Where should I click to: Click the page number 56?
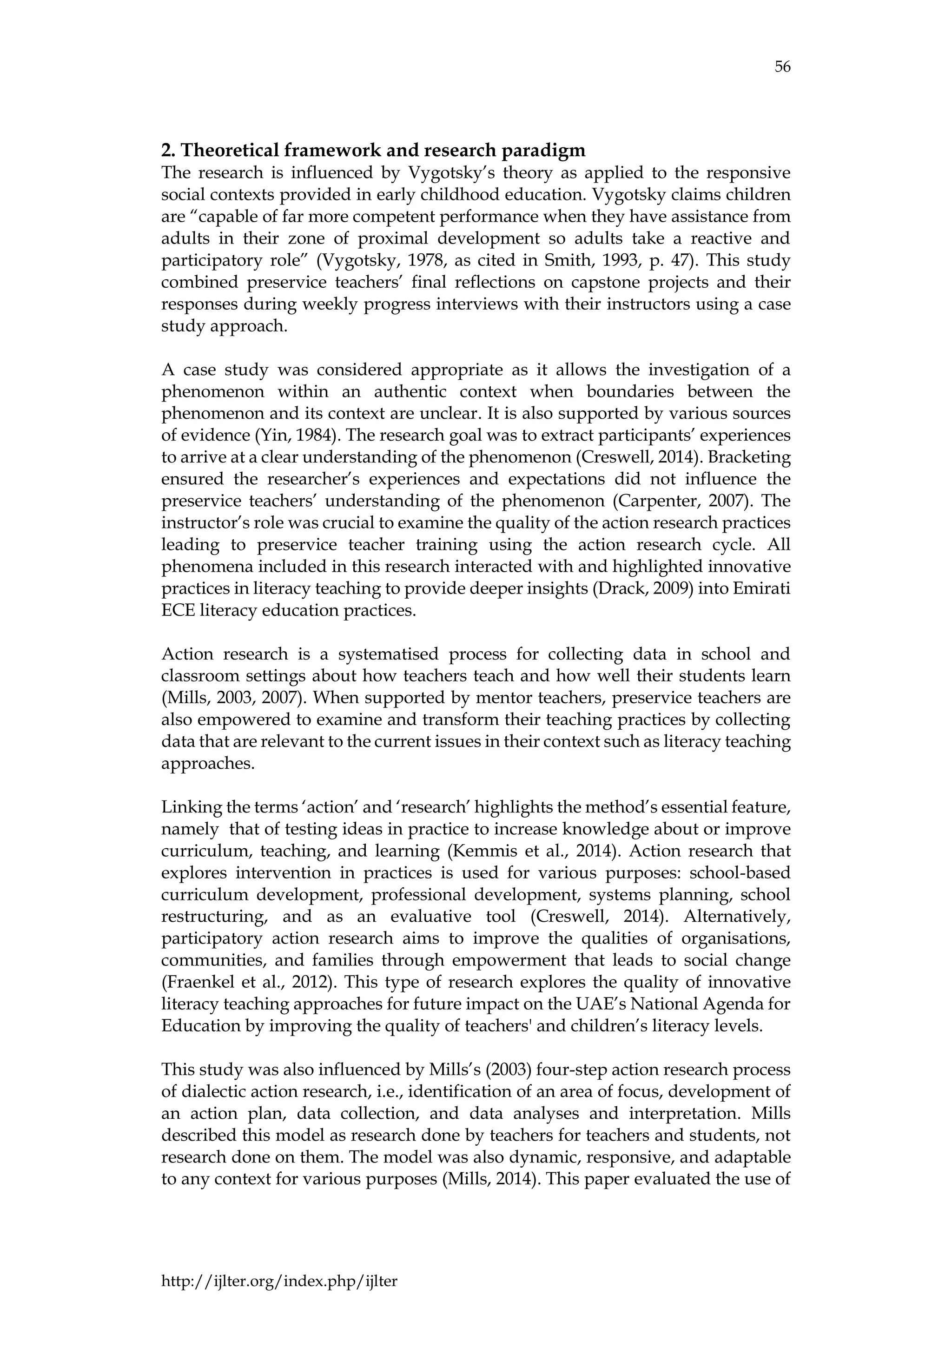click(x=782, y=67)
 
